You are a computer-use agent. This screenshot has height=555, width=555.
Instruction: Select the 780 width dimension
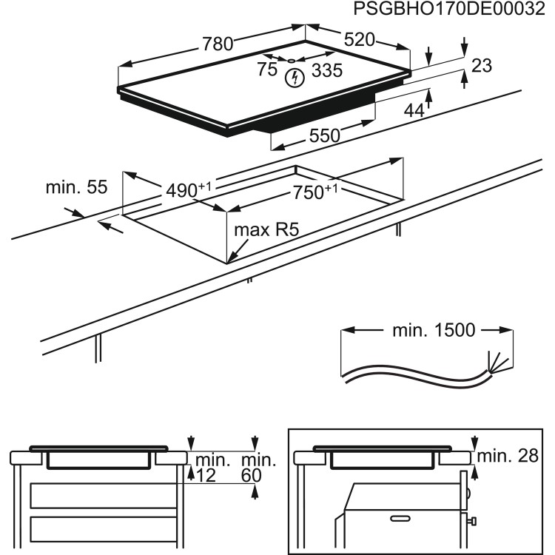click(218, 44)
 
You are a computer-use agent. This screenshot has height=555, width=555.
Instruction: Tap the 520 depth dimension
click(358, 39)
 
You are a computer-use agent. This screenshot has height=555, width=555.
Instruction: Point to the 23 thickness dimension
click(482, 66)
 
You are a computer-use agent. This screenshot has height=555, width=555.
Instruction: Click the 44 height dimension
click(414, 110)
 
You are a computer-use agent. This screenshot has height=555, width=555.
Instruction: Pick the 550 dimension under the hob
click(324, 135)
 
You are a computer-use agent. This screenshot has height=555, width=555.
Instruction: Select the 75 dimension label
click(267, 70)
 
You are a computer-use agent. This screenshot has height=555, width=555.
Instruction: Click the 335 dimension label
click(326, 70)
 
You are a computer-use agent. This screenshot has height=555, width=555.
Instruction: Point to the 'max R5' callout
click(266, 230)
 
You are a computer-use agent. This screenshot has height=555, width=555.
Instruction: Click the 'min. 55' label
click(76, 187)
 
